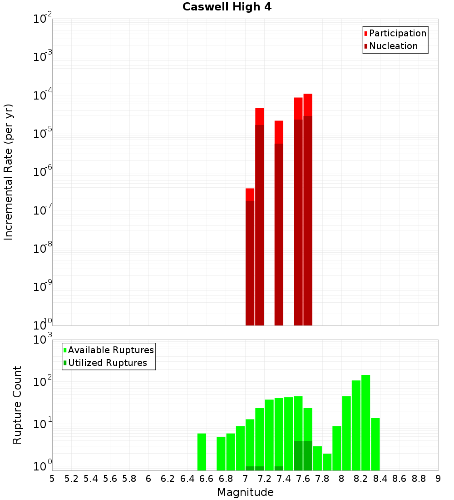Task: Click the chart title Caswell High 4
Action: pos(227,7)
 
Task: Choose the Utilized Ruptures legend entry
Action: pos(107,363)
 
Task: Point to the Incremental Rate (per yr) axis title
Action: pos(9,172)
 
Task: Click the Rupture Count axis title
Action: pos(17,405)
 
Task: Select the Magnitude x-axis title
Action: pos(245,492)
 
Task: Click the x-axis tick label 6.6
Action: pos(206,479)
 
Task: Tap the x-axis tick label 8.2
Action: pos(361,479)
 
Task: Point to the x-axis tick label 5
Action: pos(52,479)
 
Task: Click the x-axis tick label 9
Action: pos(438,479)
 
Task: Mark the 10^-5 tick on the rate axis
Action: pos(43,134)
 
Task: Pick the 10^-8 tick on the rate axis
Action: pos(43,249)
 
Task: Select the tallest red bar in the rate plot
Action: pos(308,209)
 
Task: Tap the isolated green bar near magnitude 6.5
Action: pos(202,452)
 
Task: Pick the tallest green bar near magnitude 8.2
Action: pos(366,423)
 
